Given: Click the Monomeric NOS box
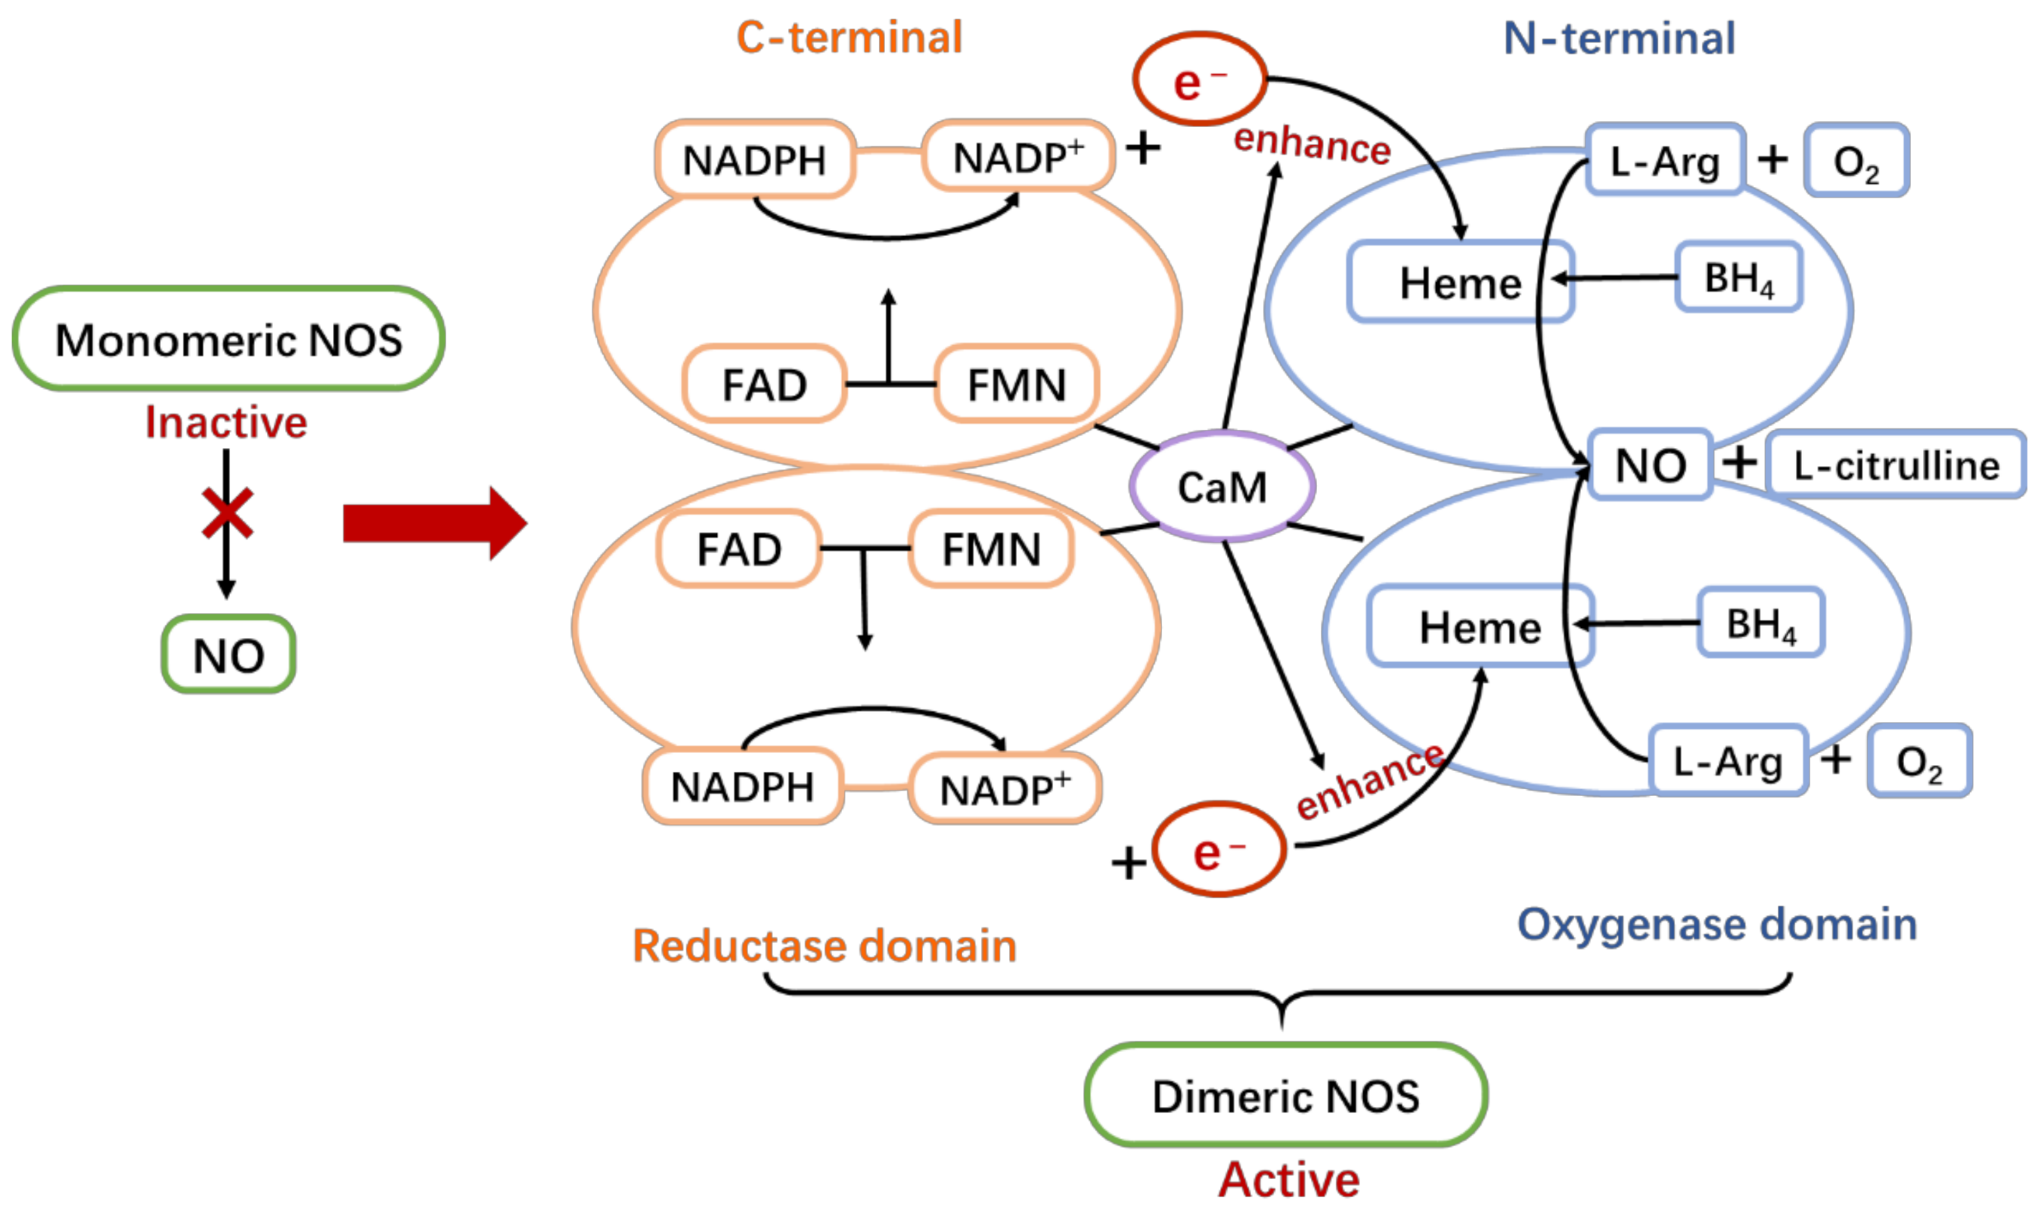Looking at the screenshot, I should click(228, 338).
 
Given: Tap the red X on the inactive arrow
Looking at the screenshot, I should click(227, 513).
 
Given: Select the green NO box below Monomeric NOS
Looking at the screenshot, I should click(228, 655).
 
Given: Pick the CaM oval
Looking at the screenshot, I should click(1222, 487).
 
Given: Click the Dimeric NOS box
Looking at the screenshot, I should click(1285, 1095).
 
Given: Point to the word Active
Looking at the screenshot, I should click(1288, 1180).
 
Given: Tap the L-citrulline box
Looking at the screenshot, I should click(1896, 465).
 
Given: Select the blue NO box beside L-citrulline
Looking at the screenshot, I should click(1651, 465).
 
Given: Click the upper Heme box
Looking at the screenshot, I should click(1460, 282).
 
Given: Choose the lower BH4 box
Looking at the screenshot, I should click(1761, 623).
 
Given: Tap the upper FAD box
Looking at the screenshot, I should click(764, 384).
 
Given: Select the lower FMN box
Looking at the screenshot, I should click(991, 549).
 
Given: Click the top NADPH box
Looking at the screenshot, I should click(754, 160).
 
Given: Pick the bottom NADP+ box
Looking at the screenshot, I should click(1004, 788).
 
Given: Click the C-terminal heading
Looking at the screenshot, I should click(849, 38).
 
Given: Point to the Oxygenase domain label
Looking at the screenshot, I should click(1716, 925).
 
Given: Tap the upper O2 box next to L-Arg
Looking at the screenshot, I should click(1856, 161).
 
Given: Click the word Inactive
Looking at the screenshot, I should click(225, 422).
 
